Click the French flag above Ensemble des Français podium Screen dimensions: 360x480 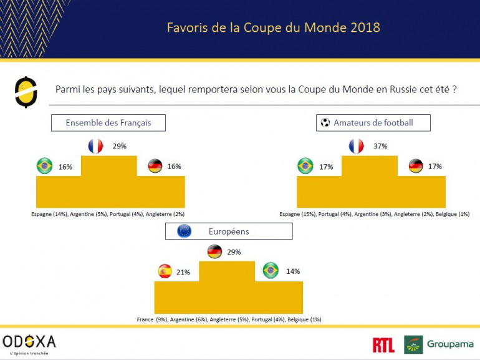coord(95,147)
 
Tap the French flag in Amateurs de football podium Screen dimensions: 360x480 coord(356,147)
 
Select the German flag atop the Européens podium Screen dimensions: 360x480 coord(214,252)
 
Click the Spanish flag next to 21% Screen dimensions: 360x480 coord(165,271)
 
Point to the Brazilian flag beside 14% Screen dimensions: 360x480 coord(270,271)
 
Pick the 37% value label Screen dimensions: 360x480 coord(380,146)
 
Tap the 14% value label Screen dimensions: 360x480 coord(293,271)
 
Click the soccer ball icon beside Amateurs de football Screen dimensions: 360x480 coord(325,123)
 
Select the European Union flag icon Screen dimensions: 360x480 coord(184,231)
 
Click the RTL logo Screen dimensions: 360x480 coord(383,344)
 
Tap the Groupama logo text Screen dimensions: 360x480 coord(450,344)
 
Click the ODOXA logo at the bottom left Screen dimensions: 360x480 coord(30,341)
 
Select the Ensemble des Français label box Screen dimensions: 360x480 coord(108,123)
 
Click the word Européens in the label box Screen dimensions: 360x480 coord(229,231)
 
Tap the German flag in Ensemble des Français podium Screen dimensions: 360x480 coord(155,167)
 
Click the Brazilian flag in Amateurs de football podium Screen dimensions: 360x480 coord(305,167)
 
